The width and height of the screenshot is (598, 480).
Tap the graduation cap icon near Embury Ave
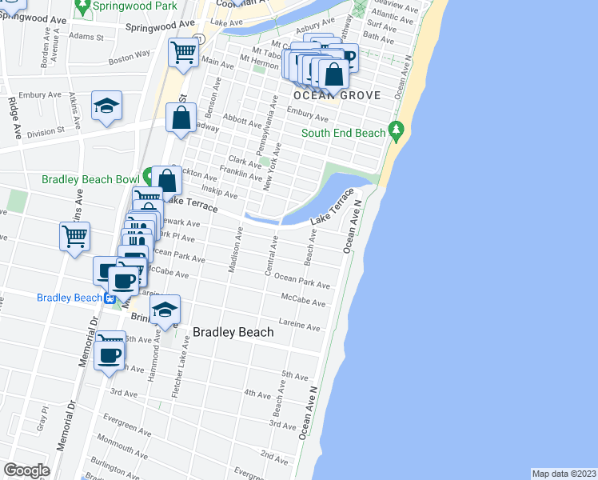click(106, 107)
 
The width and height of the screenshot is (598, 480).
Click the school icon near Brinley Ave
click(165, 310)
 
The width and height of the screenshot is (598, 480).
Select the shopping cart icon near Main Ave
click(183, 53)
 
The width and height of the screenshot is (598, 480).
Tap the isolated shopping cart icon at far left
click(74, 236)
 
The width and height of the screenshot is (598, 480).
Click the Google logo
click(27, 470)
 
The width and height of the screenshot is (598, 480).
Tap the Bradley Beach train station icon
click(110, 298)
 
